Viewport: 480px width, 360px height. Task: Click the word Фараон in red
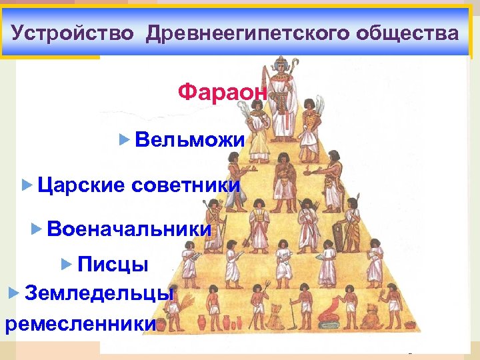pyautogui.click(x=223, y=92)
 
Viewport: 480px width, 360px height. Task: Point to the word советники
pyautogui.click(x=186, y=185)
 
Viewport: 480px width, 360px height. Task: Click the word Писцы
pyautogui.click(x=113, y=265)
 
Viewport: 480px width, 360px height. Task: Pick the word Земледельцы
pyautogui.click(x=99, y=292)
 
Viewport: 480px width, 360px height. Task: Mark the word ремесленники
pyautogui.click(x=80, y=324)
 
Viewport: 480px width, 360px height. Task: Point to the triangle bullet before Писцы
pyautogui.click(x=65, y=265)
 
